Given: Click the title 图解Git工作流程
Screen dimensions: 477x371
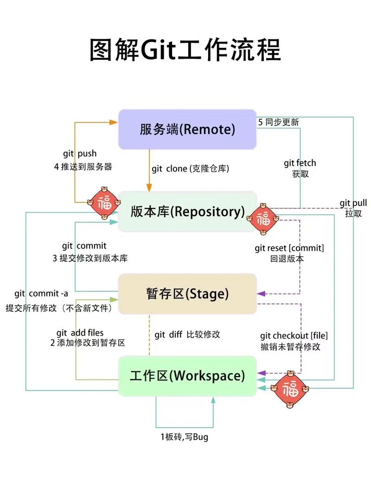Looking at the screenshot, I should [185, 50].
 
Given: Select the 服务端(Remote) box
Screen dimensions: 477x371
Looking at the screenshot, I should [187, 129].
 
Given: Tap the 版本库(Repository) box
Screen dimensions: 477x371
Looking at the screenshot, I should [187, 212].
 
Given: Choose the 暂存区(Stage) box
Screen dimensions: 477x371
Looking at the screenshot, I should [187, 294].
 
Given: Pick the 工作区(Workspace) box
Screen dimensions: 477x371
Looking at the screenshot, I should [187, 375].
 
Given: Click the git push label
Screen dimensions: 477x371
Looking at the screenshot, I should [80, 154].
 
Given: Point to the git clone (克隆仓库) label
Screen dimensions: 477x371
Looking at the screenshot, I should [190, 169].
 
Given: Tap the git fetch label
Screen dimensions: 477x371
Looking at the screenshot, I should [300, 163].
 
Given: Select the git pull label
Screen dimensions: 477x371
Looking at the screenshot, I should [353, 203].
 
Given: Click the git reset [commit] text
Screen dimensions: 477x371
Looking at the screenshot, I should [289, 248].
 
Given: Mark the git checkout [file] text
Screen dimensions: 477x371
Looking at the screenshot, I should [290, 335].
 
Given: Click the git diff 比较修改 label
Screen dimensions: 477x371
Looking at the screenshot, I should [187, 335].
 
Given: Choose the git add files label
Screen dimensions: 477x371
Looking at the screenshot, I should [80, 333].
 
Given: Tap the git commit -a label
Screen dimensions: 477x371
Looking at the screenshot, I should [41, 293].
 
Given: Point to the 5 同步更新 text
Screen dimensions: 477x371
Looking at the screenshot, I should [278, 122].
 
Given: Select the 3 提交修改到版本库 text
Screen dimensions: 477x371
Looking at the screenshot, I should [90, 258].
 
